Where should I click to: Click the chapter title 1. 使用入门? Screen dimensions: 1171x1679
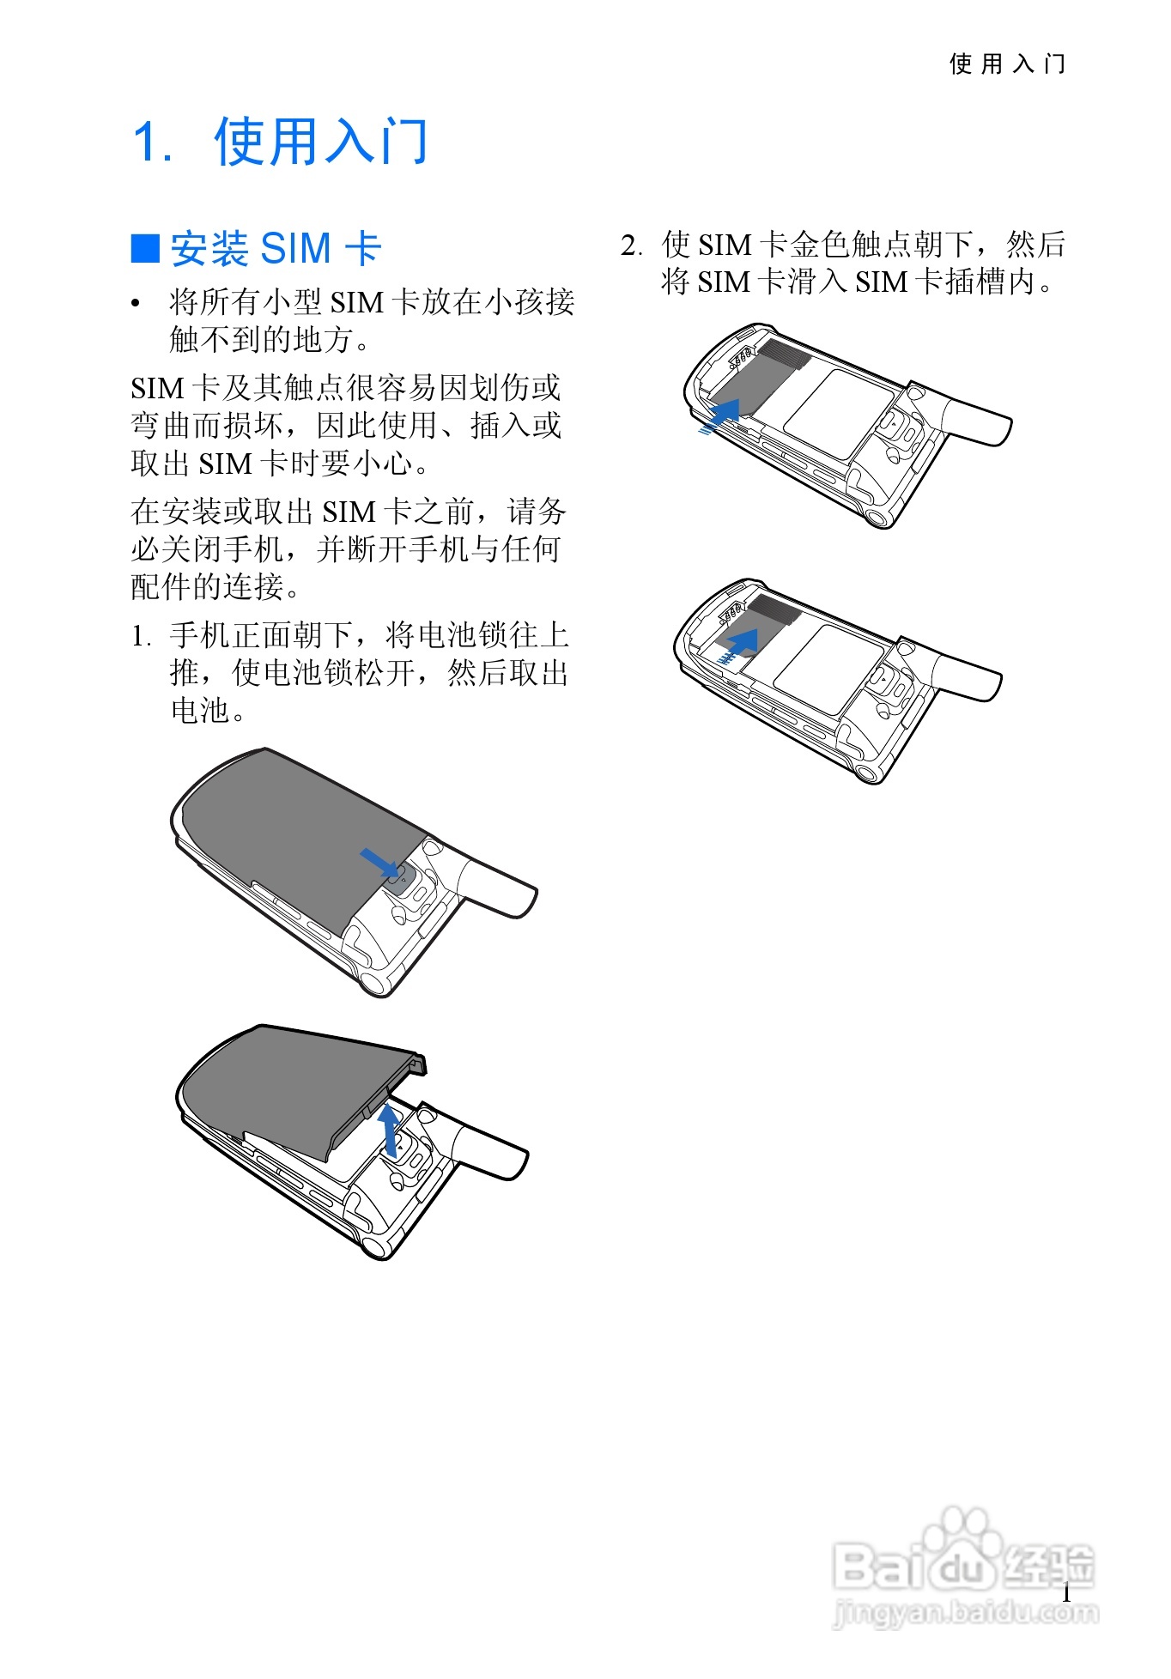(280, 142)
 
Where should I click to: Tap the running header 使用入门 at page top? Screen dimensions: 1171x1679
(1007, 64)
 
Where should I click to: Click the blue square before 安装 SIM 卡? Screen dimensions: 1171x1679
(145, 248)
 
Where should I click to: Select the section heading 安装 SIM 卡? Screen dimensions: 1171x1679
(276, 249)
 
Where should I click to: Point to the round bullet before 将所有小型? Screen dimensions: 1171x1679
(136, 304)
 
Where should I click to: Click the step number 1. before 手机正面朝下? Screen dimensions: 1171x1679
(142, 637)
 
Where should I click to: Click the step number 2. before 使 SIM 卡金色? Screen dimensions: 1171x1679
(632, 246)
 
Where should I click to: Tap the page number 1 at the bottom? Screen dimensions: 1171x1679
(1066, 1592)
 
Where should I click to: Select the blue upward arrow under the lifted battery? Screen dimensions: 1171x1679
(390, 1130)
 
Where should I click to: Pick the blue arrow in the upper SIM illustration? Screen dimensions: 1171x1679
(719, 416)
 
